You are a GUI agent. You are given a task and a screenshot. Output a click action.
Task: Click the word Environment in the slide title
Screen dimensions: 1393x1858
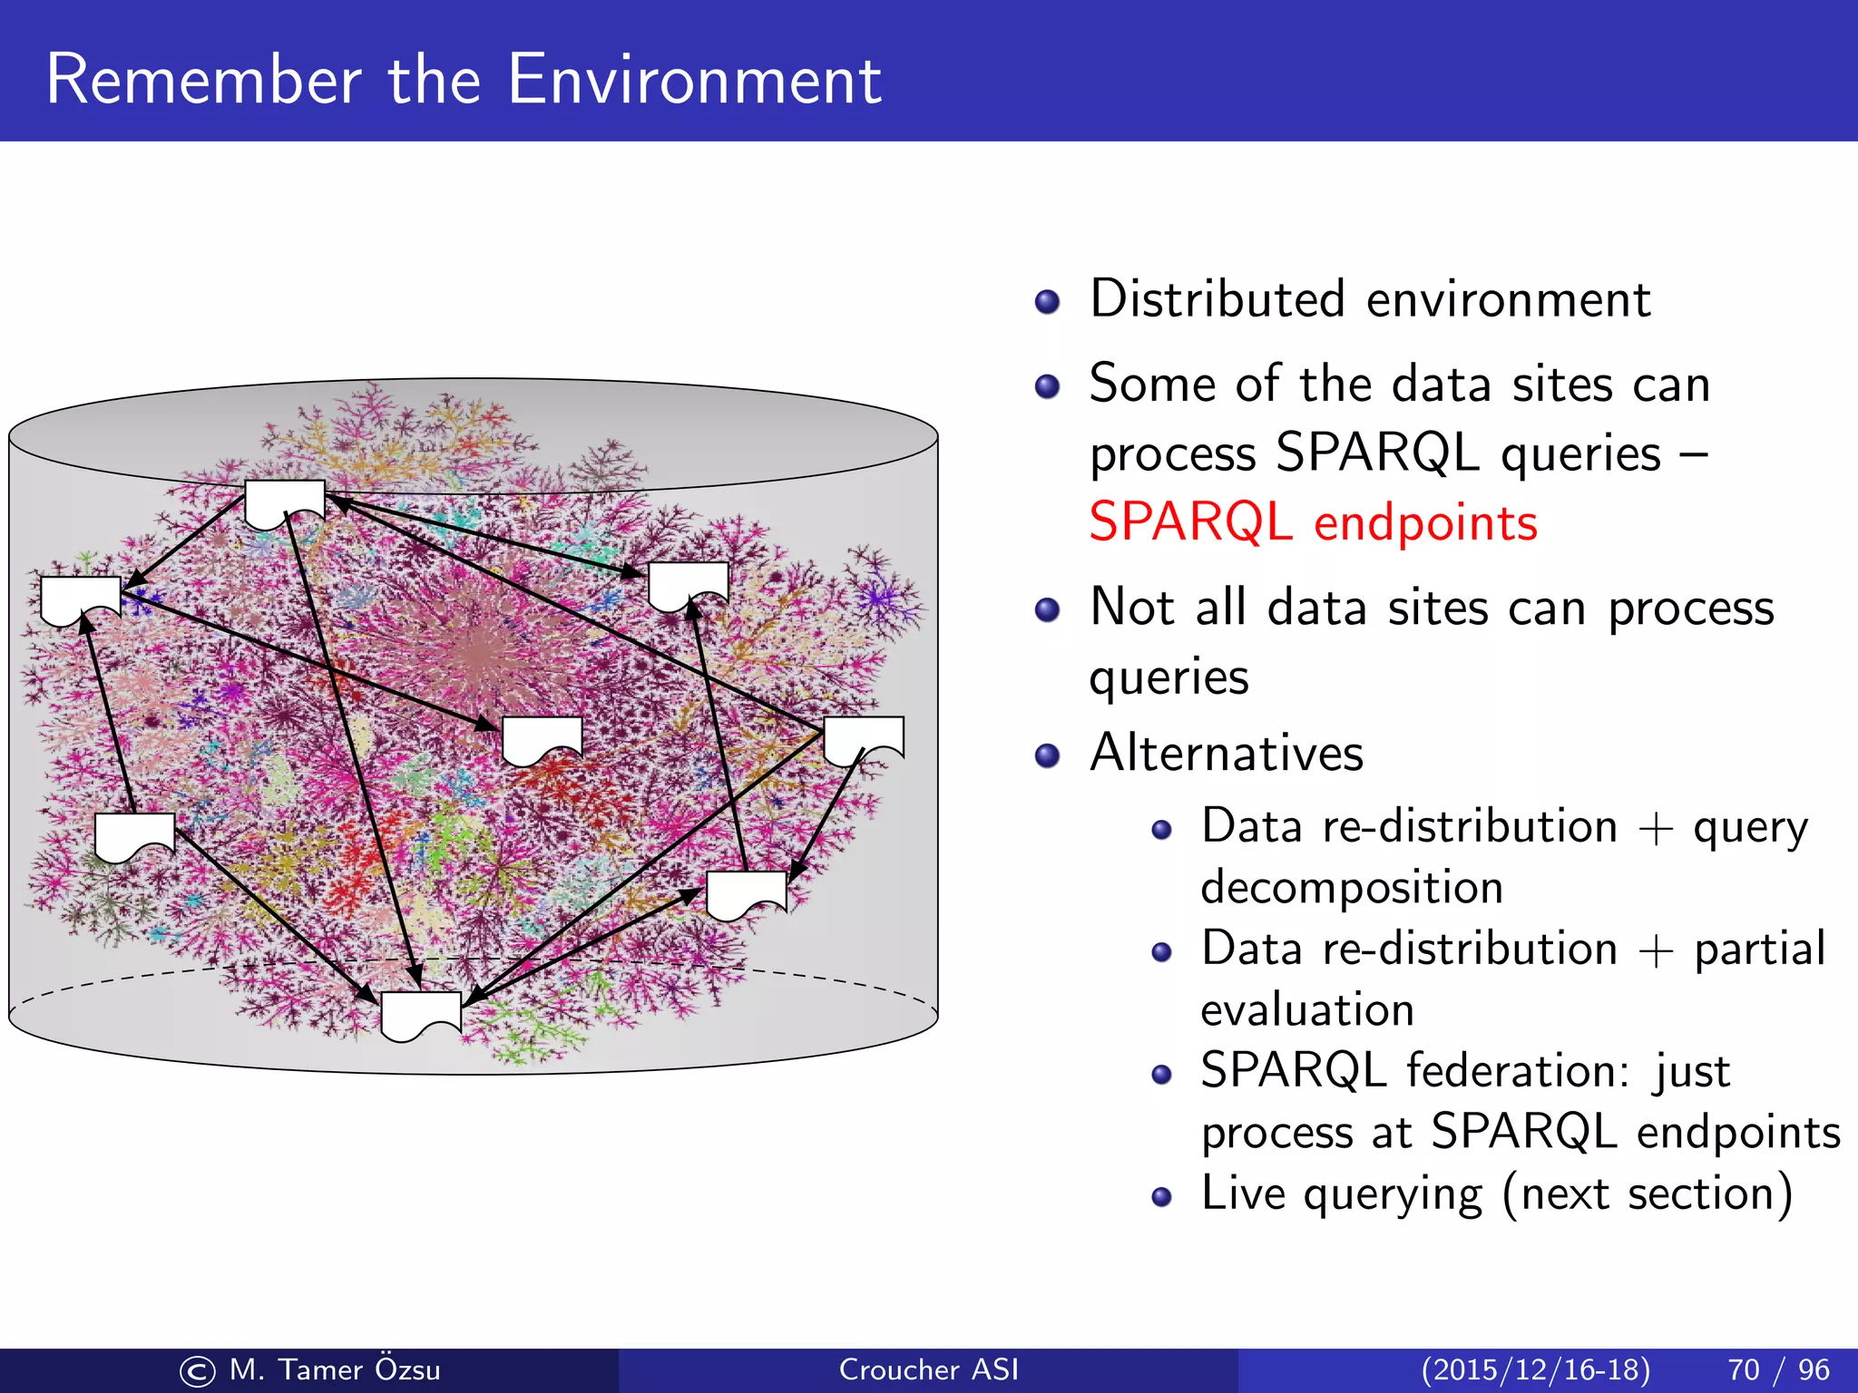(x=694, y=80)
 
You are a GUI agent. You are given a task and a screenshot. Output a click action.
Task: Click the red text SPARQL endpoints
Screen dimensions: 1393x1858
(x=1313, y=523)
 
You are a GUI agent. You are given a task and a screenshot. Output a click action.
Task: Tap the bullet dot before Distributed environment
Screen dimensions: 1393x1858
(x=1047, y=302)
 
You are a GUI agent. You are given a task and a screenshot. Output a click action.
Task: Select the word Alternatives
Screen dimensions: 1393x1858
(x=1227, y=753)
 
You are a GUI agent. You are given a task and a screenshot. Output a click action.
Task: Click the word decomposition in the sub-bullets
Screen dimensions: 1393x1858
(x=1352, y=888)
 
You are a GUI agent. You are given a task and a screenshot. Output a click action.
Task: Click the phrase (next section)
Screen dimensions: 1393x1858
(x=1648, y=1193)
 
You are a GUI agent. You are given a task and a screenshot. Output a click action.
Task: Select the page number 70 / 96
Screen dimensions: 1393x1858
(x=1778, y=1369)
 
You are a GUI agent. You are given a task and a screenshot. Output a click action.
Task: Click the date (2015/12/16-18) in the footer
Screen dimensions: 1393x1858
(x=1535, y=1369)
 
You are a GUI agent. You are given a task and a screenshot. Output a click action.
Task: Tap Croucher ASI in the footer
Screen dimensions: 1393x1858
(x=928, y=1369)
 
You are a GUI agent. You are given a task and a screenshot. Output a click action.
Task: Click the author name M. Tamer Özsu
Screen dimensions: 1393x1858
(x=335, y=1369)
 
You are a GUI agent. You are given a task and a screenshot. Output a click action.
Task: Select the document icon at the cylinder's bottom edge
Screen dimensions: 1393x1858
(x=421, y=1014)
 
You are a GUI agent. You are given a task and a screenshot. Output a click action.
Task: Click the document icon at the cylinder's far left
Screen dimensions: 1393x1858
(x=81, y=599)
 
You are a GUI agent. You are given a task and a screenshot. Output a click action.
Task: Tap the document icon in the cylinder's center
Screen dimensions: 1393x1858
(x=542, y=739)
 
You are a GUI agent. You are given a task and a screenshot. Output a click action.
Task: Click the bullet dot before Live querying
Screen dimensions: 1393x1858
(x=1161, y=1197)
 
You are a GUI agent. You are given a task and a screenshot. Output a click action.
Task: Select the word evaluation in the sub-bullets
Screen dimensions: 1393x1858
(x=1307, y=1010)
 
